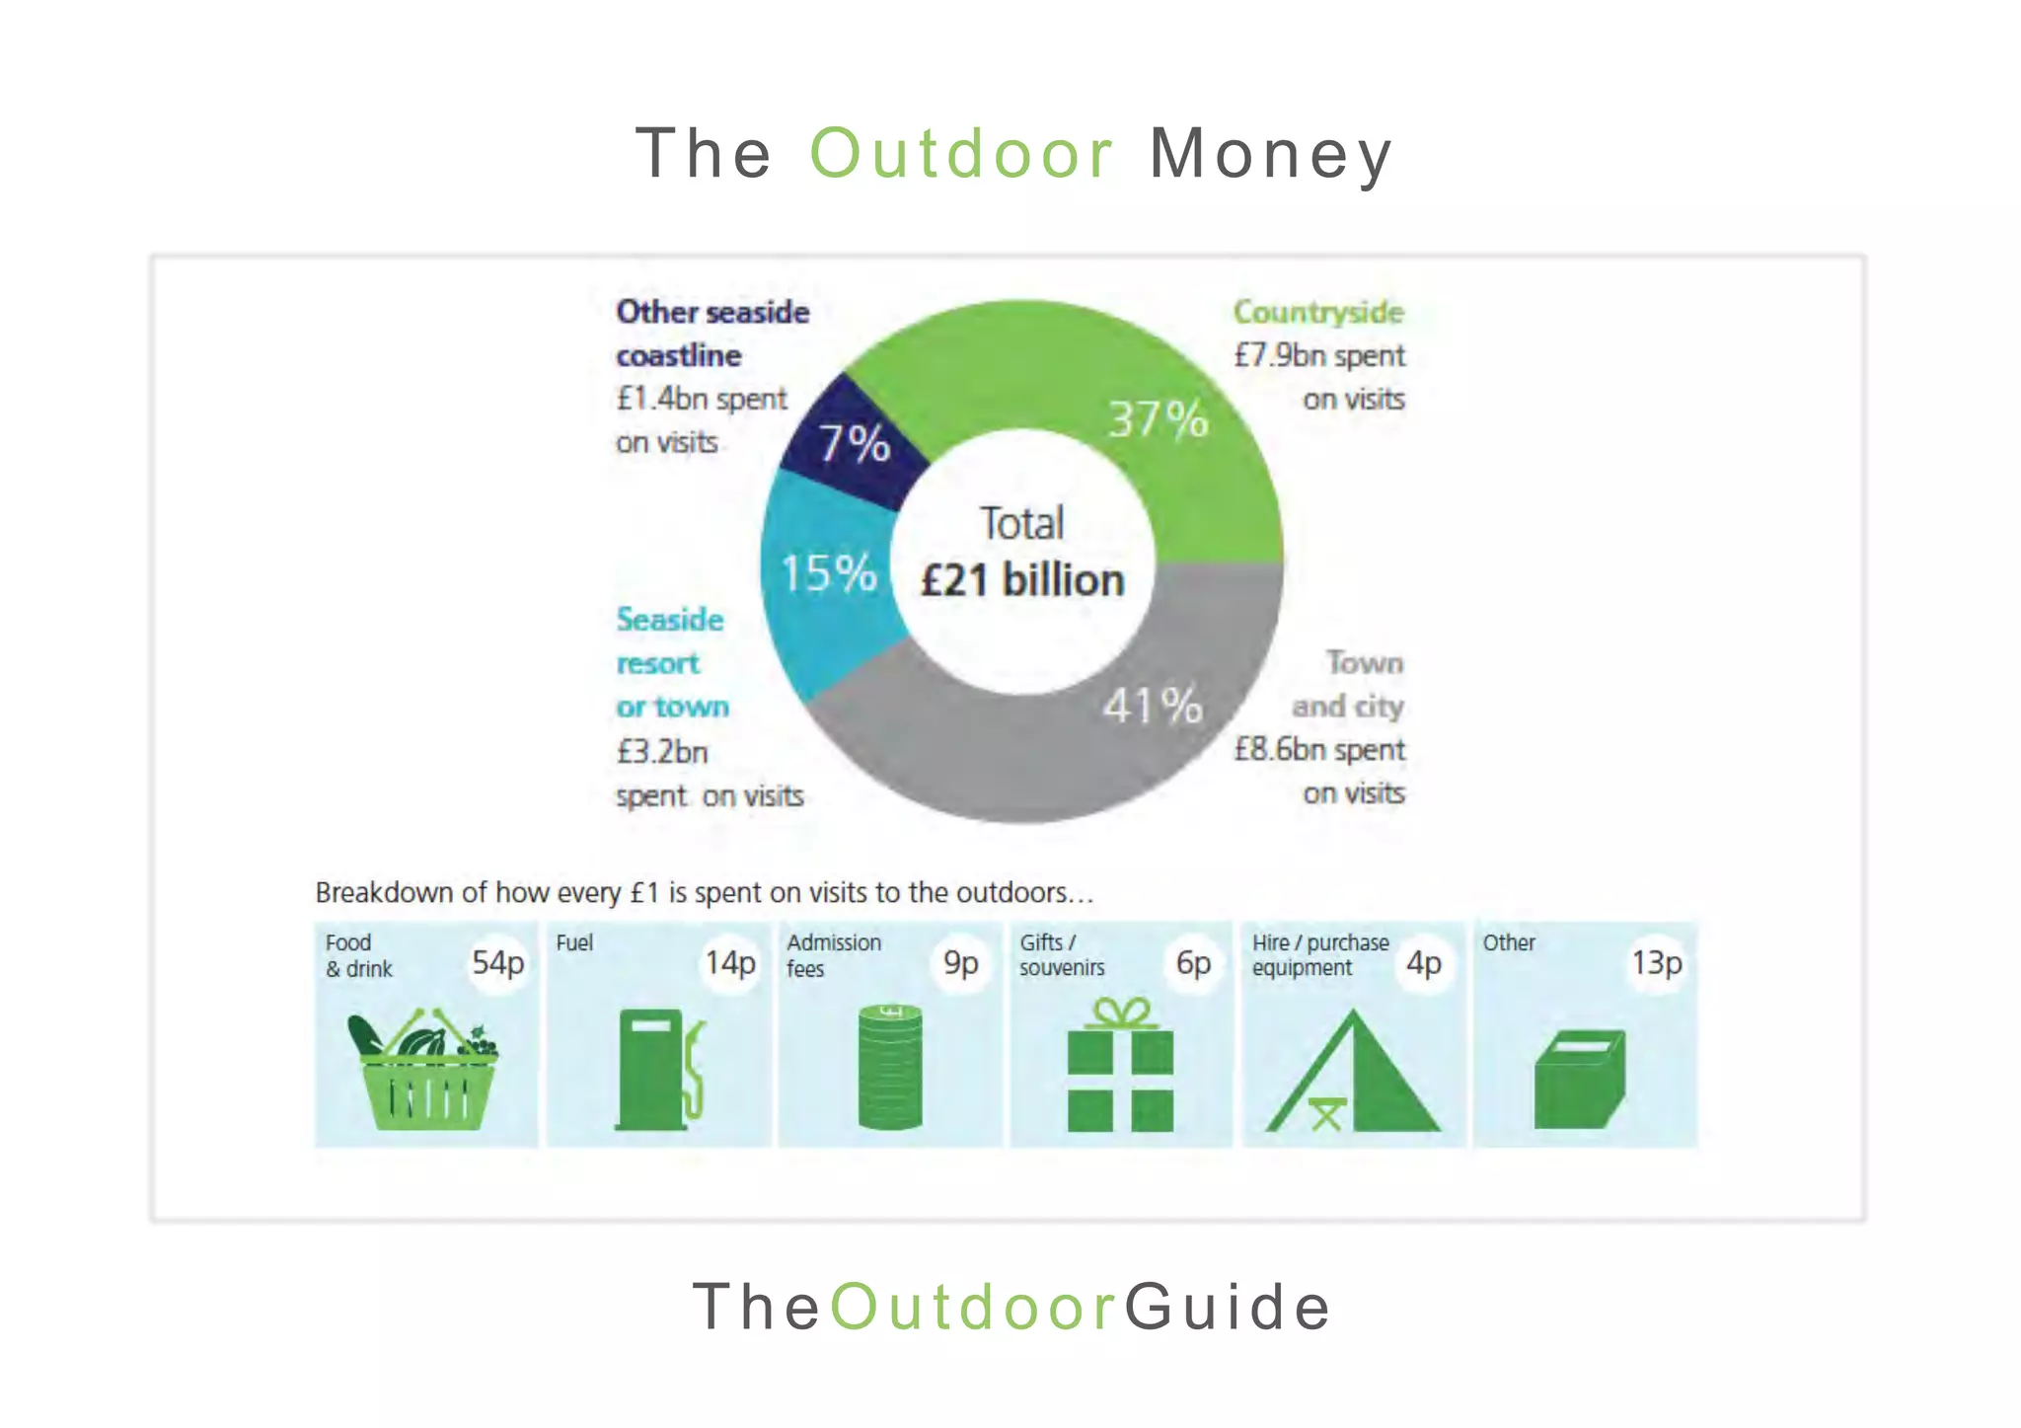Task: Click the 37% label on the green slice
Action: click(1157, 419)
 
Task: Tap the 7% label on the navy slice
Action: click(855, 443)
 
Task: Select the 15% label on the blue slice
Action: click(828, 573)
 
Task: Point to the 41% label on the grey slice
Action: click(1153, 706)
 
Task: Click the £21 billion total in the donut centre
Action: click(1022, 580)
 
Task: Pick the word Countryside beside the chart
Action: click(1318, 312)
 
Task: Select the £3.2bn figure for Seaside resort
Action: click(662, 752)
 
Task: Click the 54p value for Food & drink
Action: click(497, 962)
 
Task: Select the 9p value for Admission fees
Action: click(960, 962)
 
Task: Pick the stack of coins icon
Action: click(890, 1068)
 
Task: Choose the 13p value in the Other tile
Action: click(1656, 962)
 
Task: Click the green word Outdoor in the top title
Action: click(961, 154)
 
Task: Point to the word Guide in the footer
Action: click(1229, 1307)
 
